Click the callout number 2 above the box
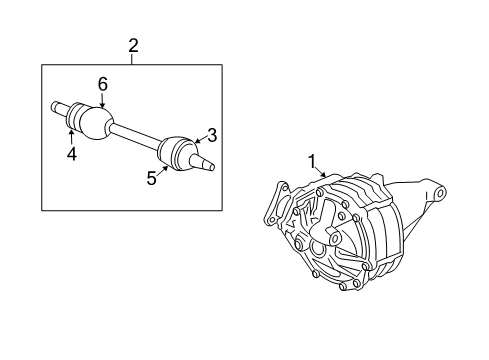pos(133,45)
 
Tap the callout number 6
pos(102,85)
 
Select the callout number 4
pos(71,154)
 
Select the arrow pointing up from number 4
pos(71,136)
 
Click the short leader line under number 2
pos(133,59)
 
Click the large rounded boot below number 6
pos(95,123)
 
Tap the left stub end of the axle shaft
pos(56,106)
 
